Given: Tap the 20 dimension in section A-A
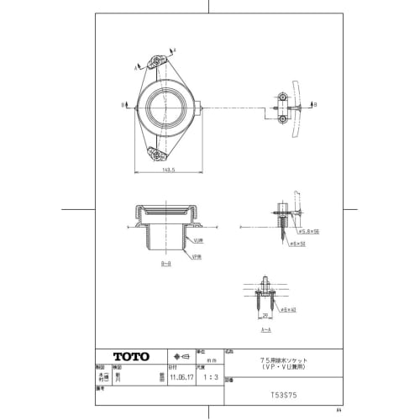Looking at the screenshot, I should tap(265, 317).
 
